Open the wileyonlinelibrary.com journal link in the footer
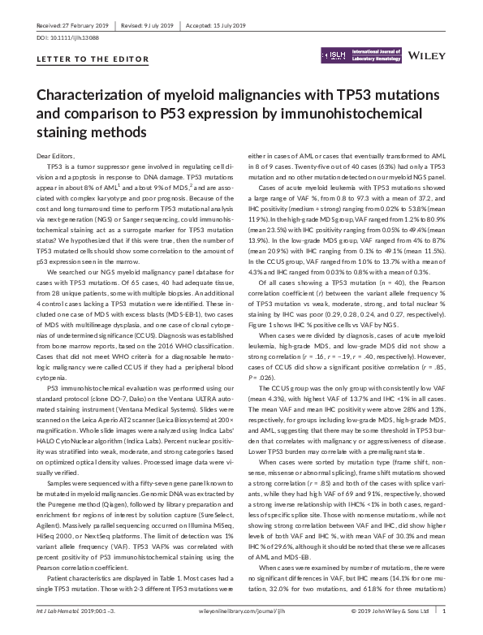click(x=242, y=623)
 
